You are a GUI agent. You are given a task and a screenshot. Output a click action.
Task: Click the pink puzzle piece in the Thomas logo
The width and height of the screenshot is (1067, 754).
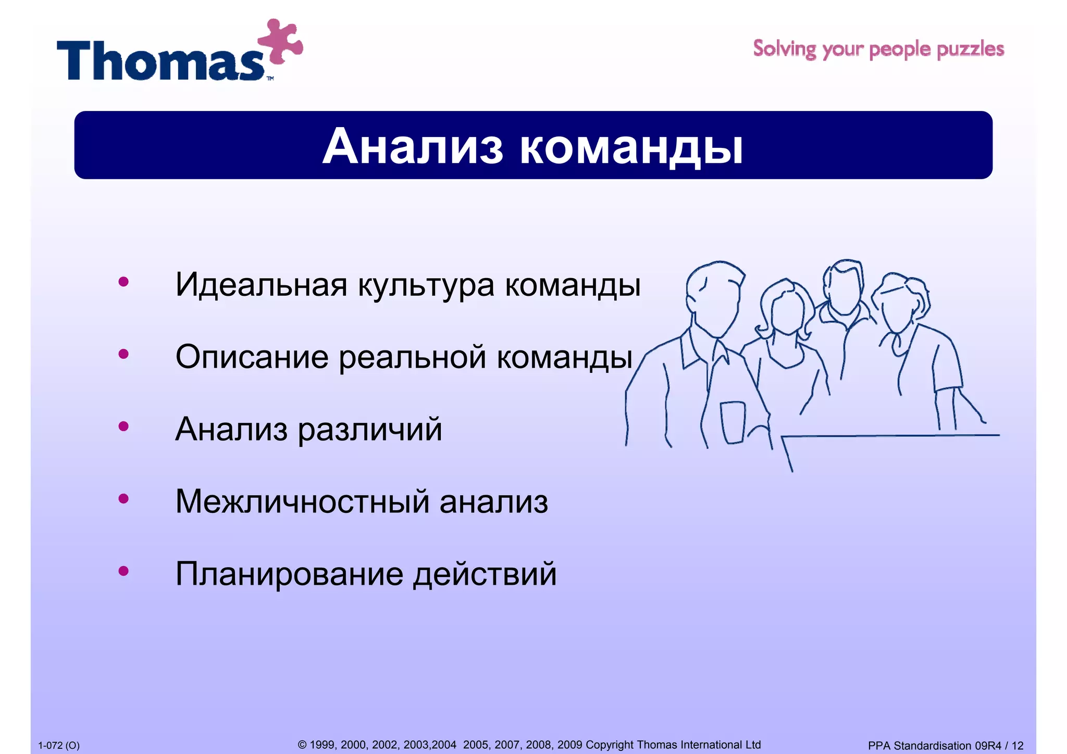point(280,42)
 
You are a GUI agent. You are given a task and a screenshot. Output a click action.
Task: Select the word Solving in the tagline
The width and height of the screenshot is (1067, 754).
point(785,49)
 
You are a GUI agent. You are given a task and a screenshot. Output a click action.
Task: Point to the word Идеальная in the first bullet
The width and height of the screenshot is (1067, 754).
point(261,285)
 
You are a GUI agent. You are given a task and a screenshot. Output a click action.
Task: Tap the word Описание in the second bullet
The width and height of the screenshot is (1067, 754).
point(252,357)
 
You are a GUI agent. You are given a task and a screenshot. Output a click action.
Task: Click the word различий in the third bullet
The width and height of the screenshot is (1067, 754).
point(369,430)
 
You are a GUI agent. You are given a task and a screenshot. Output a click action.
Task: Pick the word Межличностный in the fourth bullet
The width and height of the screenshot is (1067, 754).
point(302,502)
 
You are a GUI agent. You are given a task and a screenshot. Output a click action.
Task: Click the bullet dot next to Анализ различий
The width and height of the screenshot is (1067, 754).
point(123,426)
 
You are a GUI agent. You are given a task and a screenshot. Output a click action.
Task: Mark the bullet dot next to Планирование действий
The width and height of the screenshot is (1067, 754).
point(123,571)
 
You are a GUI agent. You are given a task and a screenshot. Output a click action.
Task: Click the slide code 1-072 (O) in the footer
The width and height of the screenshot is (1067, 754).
point(59,746)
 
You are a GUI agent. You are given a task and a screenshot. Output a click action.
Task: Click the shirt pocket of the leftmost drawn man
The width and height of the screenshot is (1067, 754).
point(733,422)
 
